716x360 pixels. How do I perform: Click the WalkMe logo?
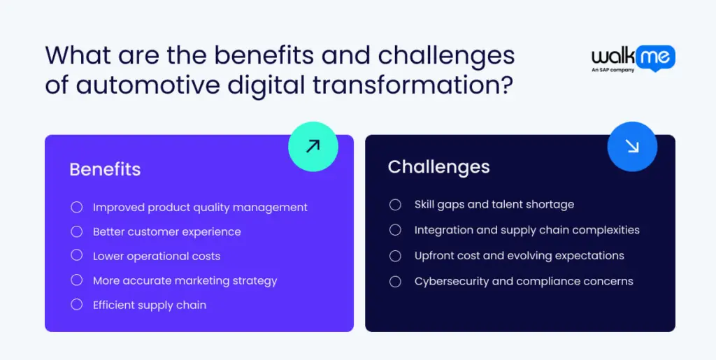click(x=633, y=59)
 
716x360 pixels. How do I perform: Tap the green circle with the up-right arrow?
click(x=313, y=147)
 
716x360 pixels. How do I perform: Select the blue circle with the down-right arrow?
click(x=632, y=147)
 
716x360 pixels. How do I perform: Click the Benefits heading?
click(x=105, y=169)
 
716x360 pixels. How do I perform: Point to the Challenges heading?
click(x=438, y=167)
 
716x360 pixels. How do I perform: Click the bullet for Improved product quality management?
click(x=77, y=207)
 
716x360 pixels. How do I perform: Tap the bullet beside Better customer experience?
click(x=77, y=231)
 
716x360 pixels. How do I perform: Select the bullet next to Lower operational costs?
click(x=77, y=256)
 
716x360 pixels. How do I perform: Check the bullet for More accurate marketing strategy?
click(x=77, y=280)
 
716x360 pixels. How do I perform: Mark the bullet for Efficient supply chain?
click(x=77, y=304)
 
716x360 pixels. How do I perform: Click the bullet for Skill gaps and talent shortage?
click(x=395, y=204)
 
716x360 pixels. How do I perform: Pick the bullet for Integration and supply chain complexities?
click(x=395, y=230)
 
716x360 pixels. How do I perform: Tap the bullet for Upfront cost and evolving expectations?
click(x=395, y=256)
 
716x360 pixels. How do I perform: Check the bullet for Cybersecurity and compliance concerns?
click(x=395, y=282)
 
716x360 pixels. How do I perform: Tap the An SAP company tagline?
click(x=613, y=70)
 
